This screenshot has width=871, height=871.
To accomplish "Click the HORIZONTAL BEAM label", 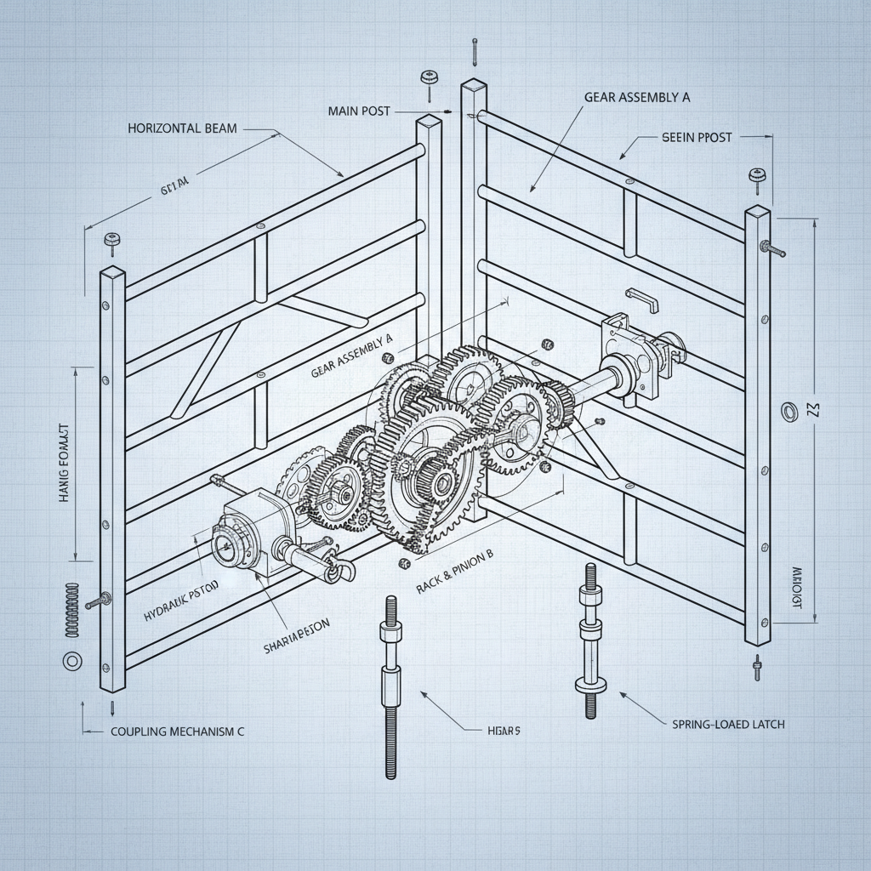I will tap(182, 128).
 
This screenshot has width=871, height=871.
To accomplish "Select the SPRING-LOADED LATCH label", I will tap(722, 724).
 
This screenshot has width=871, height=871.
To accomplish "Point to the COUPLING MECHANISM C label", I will tap(178, 731).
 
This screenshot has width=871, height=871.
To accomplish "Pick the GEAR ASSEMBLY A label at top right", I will tap(636, 97).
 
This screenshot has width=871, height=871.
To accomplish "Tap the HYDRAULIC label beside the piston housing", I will tap(181, 588).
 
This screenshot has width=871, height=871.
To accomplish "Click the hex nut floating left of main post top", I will tap(429, 78).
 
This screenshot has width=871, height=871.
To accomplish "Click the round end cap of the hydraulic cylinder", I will tap(226, 549).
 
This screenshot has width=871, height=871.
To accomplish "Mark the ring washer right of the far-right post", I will tap(789, 412).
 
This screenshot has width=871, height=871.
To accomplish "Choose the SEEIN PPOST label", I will tap(696, 137).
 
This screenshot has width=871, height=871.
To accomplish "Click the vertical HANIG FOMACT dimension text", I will tap(64, 464).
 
